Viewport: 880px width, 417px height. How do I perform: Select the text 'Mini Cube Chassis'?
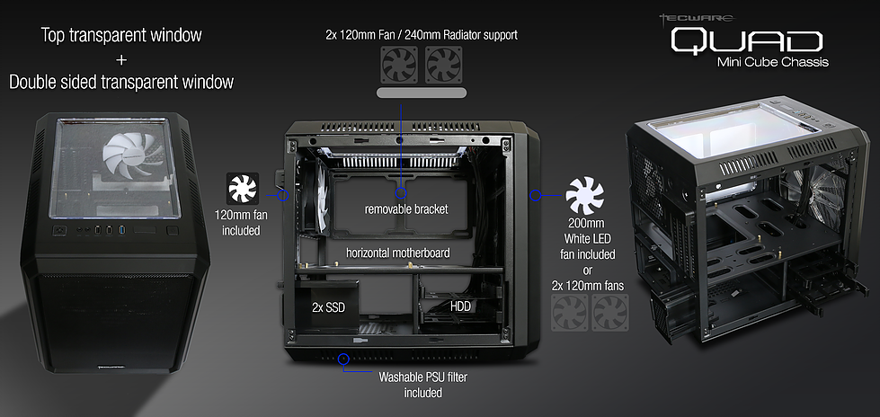(772, 62)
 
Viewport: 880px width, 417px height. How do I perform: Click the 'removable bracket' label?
(405, 209)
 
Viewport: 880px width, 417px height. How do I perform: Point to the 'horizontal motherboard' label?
(398, 253)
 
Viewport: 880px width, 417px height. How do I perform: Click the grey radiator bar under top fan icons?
(421, 93)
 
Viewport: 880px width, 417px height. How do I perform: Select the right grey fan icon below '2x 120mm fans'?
(611, 315)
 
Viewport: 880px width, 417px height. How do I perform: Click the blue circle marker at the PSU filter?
(343, 359)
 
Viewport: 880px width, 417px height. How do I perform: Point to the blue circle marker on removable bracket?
(401, 193)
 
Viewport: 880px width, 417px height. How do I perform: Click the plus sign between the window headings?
(121, 59)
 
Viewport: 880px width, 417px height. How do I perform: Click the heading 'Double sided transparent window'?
(121, 82)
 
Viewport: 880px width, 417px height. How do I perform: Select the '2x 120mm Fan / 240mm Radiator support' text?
(421, 35)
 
